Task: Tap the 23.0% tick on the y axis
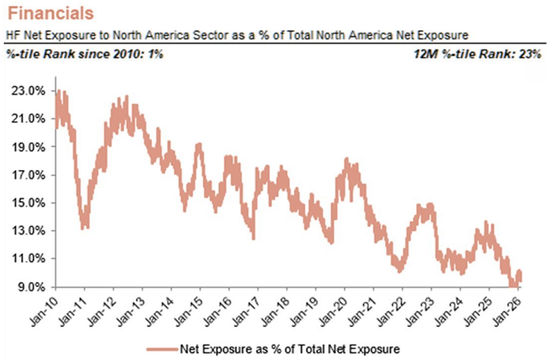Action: (x=28, y=91)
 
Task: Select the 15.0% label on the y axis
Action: (x=28, y=203)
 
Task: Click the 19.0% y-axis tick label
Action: (x=28, y=147)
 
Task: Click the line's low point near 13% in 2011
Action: (x=84, y=225)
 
